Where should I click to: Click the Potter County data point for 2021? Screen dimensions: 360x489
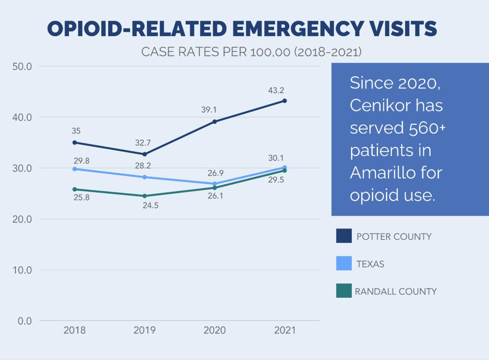coord(285,101)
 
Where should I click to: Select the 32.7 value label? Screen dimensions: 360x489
coord(143,143)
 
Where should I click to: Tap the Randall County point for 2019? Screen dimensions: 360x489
coord(144,196)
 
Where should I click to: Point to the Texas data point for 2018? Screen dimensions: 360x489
coord(74,169)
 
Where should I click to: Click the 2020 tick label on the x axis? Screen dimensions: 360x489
coord(215,331)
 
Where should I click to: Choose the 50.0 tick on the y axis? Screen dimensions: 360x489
coord(22,66)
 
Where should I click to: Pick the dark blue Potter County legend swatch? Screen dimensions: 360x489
coord(344,236)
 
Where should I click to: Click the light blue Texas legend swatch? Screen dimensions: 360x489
coord(344,263)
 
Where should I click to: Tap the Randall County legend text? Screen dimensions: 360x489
coord(396,291)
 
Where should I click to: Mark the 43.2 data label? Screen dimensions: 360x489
coord(276,90)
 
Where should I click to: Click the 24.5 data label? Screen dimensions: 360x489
coord(150,205)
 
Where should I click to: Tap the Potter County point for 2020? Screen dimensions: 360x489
coord(215,121)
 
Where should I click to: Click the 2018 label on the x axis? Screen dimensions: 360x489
coord(74,331)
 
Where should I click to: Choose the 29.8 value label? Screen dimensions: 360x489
coord(81,161)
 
